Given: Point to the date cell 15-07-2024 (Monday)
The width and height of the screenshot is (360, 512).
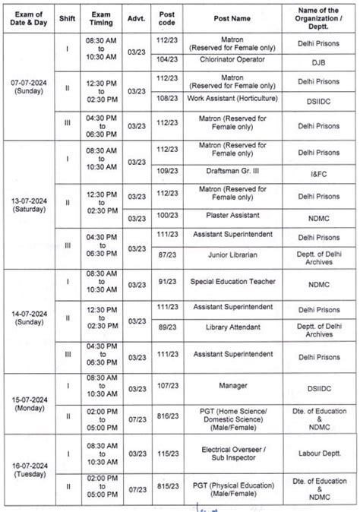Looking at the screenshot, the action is tap(30, 403).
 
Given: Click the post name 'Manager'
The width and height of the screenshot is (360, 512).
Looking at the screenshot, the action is tap(233, 386).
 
